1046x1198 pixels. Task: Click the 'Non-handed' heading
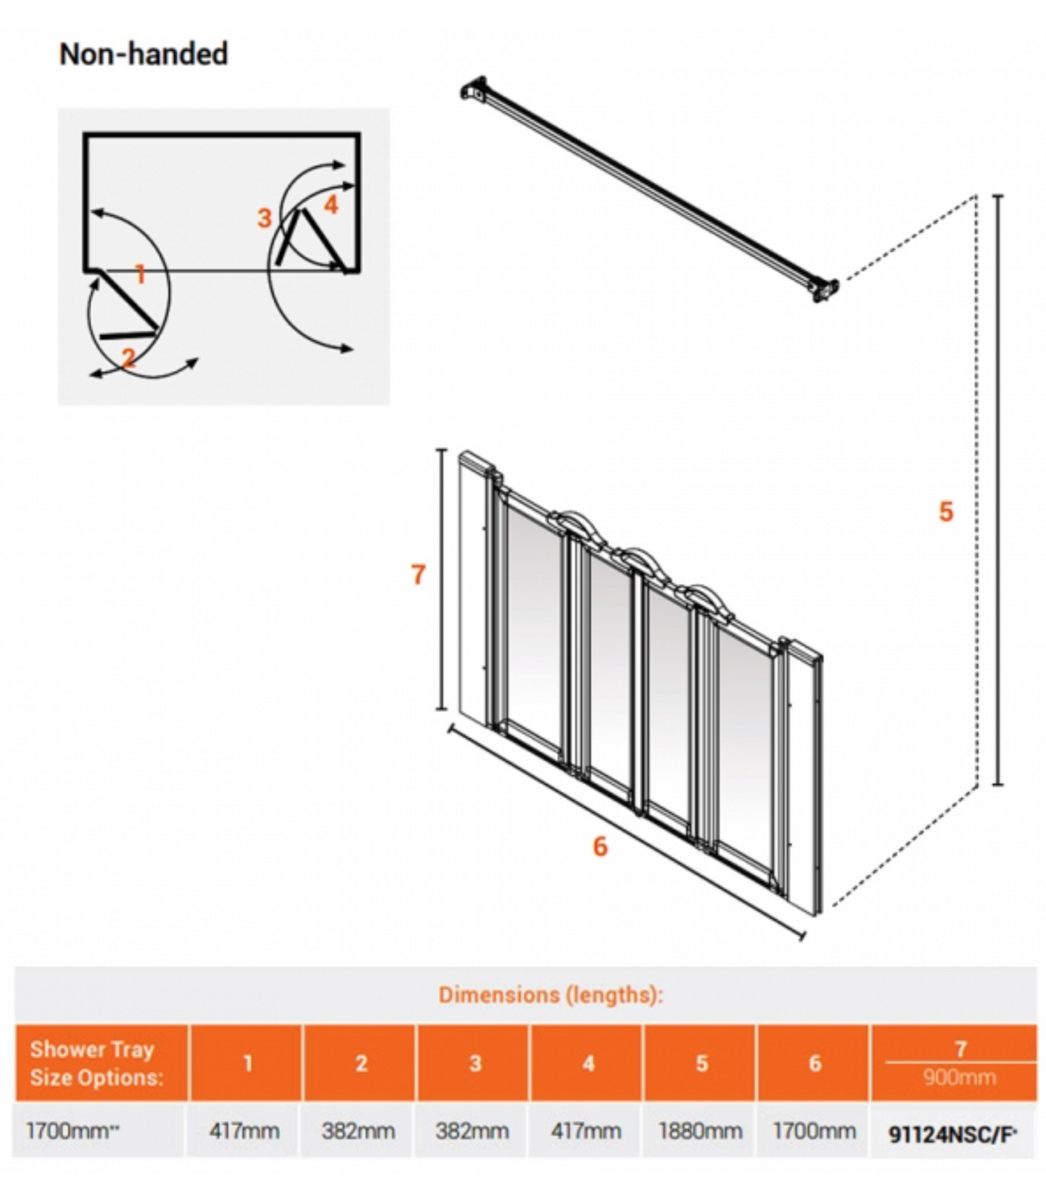(x=143, y=54)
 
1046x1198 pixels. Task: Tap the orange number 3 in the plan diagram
(x=265, y=218)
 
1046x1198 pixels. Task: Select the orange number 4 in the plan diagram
(x=331, y=204)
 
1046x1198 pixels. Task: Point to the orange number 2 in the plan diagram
(x=128, y=357)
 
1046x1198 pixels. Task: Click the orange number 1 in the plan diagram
(x=140, y=275)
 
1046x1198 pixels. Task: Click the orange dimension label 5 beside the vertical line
(x=946, y=512)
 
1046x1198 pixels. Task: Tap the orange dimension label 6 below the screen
(x=601, y=846)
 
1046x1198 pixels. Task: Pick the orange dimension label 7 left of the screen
(x=418, y=574)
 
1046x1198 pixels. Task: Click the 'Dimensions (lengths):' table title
(x=551, y=995)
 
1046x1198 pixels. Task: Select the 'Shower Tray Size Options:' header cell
(x=97, y=1063)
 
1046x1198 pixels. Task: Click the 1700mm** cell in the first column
(x=72, y=1131)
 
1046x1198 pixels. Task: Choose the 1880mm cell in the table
(x=700, y=1131)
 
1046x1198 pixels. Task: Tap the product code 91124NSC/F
(x=952, y=1134)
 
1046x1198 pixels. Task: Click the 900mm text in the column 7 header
(x=959, y=1077)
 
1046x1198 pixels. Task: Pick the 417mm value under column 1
(x=245, y=1131)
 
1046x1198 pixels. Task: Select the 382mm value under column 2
(x=358, y=1131)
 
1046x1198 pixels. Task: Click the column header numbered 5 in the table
(x=701, y=1063)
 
